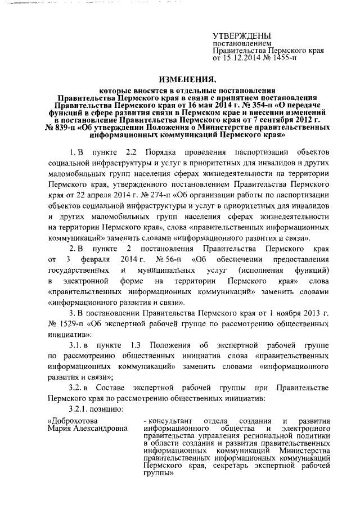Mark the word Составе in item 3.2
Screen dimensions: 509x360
(x=117, y=388)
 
